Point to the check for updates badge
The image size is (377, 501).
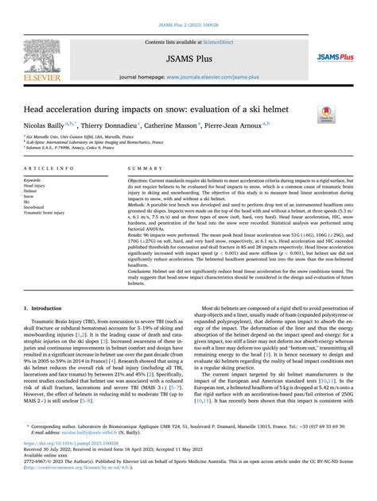pyautogui.click(x=325, y=113)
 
